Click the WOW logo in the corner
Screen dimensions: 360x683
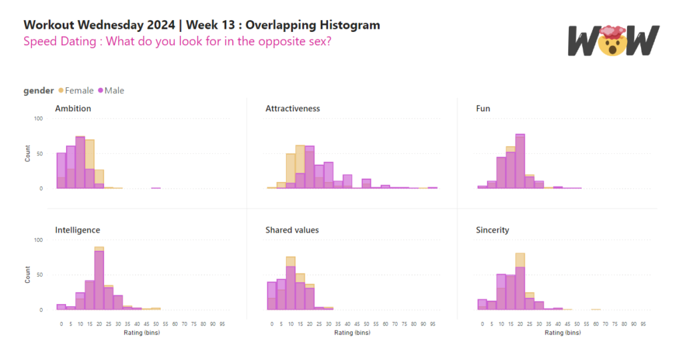pos(613,41)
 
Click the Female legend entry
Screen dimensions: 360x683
pos(79,91)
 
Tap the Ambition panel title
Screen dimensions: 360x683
pos(73,108)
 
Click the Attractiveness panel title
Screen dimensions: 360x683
pos(292,108)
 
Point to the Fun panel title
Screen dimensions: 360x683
pos(484,108)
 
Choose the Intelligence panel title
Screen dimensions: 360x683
pos(77,230)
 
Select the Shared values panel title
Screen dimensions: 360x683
pos(291,230)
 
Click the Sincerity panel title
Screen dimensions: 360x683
pos(492,230)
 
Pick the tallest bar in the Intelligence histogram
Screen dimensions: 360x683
pos(99,280)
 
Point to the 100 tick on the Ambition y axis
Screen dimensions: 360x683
pos(38,119)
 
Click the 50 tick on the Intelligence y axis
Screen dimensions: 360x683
pos(39,275)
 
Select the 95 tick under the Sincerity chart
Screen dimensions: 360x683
pos(643,324)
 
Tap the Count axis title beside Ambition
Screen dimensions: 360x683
pos(28,153)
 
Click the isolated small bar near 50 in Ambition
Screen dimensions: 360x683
pos(155,188)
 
